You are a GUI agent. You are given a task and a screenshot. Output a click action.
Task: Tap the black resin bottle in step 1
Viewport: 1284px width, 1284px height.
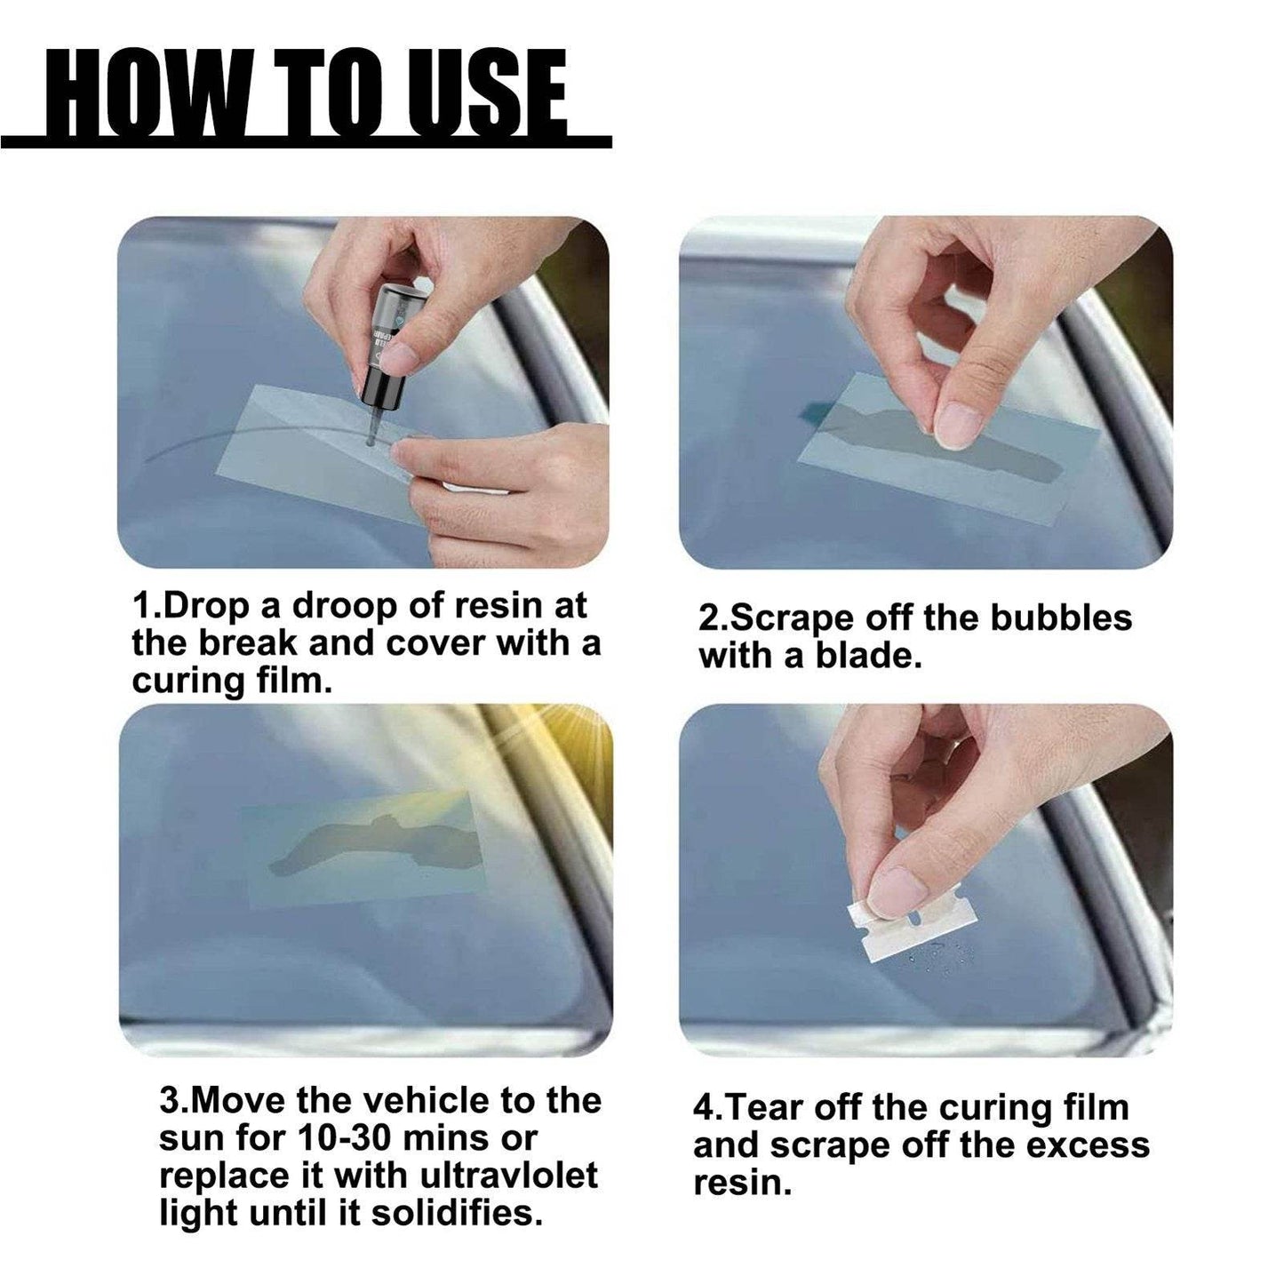point(380,355)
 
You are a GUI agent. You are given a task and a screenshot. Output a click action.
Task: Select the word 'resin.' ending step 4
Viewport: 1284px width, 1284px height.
point(742,1184)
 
